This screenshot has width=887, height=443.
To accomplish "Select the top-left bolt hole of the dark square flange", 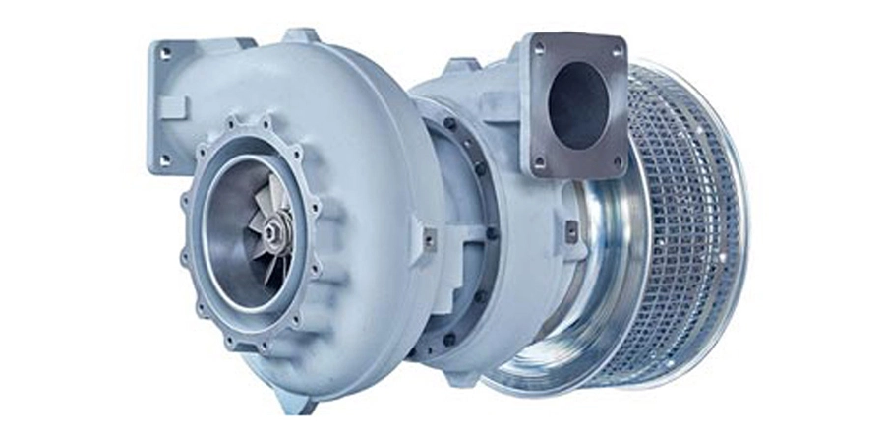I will pos(540,49).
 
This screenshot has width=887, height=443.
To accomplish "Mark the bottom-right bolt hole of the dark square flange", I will pos(618,160).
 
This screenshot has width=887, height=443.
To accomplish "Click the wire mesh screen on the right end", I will pos(688,226).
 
